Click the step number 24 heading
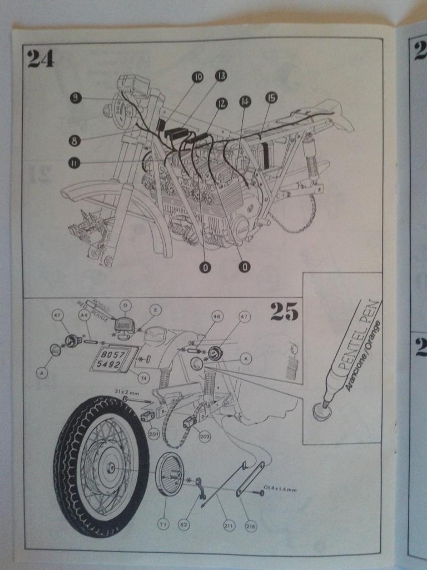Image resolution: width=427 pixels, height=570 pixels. [x=41, y=58]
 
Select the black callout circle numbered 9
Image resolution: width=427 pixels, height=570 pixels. [x=76, y=99]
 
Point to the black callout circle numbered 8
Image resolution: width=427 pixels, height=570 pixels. [x=76, y=139]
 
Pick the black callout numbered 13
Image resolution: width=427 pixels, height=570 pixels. [x=221, y=75]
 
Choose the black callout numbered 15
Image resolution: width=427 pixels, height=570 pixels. [x=271, y=98]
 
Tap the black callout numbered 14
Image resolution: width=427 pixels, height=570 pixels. [x=245, y=101]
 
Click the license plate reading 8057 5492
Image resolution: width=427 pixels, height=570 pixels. [x=109, y=358]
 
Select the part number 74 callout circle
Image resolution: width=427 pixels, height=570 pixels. [x=143, y=379]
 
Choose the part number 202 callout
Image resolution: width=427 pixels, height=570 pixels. [x=204, y=436]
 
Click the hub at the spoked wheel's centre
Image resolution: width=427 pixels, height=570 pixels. [x=109, y=465]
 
